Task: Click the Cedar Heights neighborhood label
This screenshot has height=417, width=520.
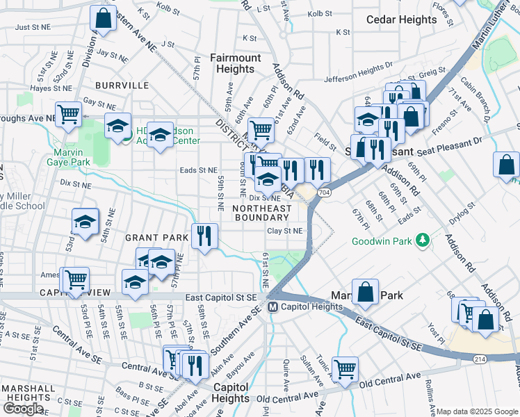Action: [x=401, y=20]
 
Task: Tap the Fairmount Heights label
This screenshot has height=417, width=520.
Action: [x=235, y=63]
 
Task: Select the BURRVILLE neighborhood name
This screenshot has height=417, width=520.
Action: [x=123, y=85]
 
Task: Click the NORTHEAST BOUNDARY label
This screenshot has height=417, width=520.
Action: [x=262, y=213]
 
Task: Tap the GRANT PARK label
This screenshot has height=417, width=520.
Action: [x=156, y=238]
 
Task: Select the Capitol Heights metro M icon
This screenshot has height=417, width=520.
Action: [x=273, y=306]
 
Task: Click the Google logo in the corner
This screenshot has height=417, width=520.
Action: [x=23, y=409]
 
